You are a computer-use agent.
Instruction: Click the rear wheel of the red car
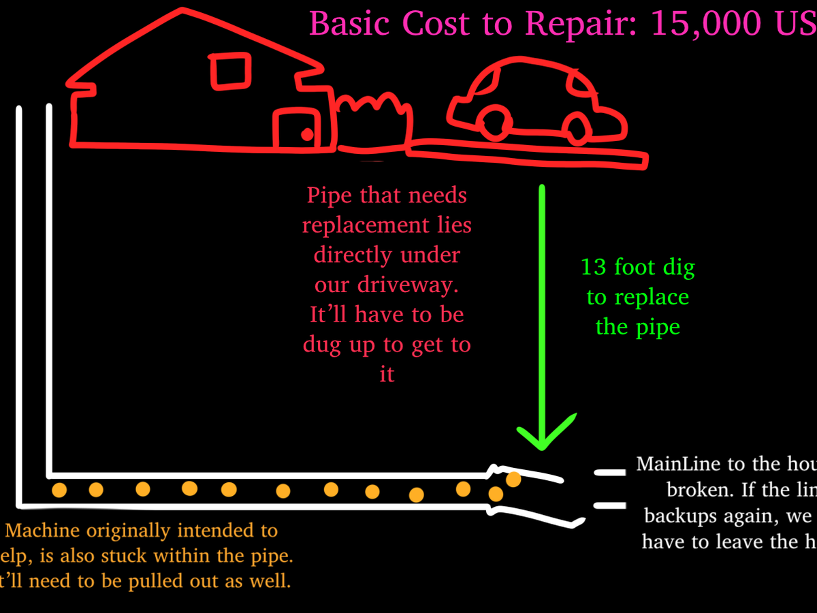(577, 126)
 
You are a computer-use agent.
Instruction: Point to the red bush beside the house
(374, 123)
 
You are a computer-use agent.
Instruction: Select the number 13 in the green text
(594, 267)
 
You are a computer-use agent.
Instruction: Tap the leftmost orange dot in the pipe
(59, 490)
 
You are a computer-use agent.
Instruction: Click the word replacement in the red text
(387, 225)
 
